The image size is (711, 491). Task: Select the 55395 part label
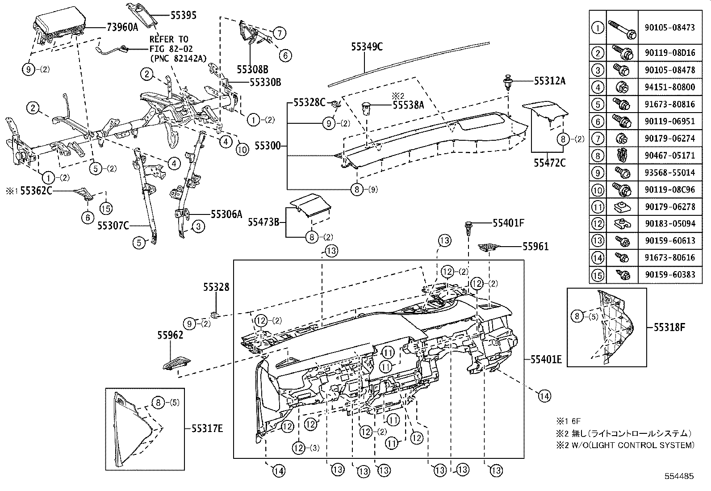184,16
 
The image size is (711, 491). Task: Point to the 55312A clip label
550,81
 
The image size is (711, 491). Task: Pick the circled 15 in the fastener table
598,274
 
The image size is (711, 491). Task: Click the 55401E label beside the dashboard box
546,359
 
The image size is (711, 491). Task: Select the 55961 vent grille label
535,246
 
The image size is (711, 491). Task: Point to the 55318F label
669,327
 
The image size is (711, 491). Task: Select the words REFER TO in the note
169,39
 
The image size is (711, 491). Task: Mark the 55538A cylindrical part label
409,105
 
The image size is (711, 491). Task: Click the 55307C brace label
113,226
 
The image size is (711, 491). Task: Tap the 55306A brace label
226,214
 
